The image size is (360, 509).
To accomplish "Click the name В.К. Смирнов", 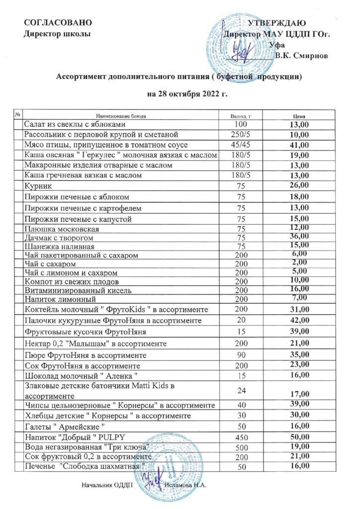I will (302, 56).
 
